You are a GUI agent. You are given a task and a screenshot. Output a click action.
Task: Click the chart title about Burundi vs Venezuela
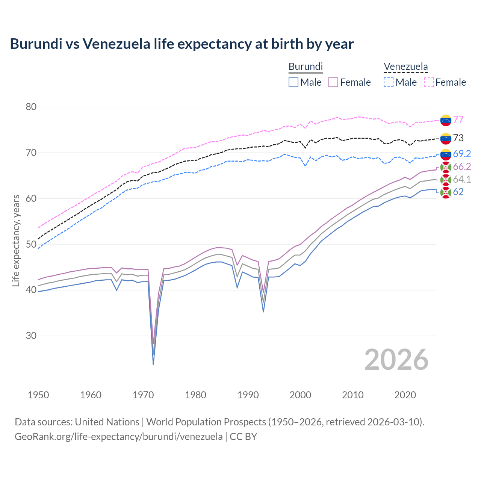pos(182,44)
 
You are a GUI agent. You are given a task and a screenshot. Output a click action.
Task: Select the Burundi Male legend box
pos(293,82)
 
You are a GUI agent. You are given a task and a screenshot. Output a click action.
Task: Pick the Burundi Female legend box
pos(333,82)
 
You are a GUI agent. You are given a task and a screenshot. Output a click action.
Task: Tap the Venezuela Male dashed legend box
pos(389,82)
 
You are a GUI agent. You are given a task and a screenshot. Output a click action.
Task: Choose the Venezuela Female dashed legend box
pos(429,82)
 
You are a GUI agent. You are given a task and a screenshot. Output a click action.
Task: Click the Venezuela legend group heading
pos(405,67)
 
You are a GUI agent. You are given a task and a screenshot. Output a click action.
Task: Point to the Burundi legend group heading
pos(306,67)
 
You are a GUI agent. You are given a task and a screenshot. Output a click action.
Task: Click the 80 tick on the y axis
pos(31,107)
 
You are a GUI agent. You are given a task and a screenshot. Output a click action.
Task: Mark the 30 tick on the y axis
pos(31,336)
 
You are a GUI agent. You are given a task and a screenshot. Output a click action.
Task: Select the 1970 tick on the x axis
pos(143,395)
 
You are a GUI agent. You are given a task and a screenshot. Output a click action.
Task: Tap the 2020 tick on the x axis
pos(405,395)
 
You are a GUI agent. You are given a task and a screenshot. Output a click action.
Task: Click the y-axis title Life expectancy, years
pos(16,240)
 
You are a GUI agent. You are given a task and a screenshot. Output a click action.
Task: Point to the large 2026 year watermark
pos(396,360)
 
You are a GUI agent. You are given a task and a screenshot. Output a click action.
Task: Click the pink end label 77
pos(458,119)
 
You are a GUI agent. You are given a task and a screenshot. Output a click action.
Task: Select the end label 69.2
pos(462,154)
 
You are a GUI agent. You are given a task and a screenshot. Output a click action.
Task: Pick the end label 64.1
pos(462,179)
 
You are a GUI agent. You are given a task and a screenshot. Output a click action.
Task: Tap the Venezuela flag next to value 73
pos(446,139)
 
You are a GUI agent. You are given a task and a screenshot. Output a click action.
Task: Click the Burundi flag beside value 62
pos(446,192)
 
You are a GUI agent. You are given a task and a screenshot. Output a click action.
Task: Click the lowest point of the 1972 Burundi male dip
pos(153,364)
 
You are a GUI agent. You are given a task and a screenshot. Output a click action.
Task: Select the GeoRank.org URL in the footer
pos(119,437)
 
